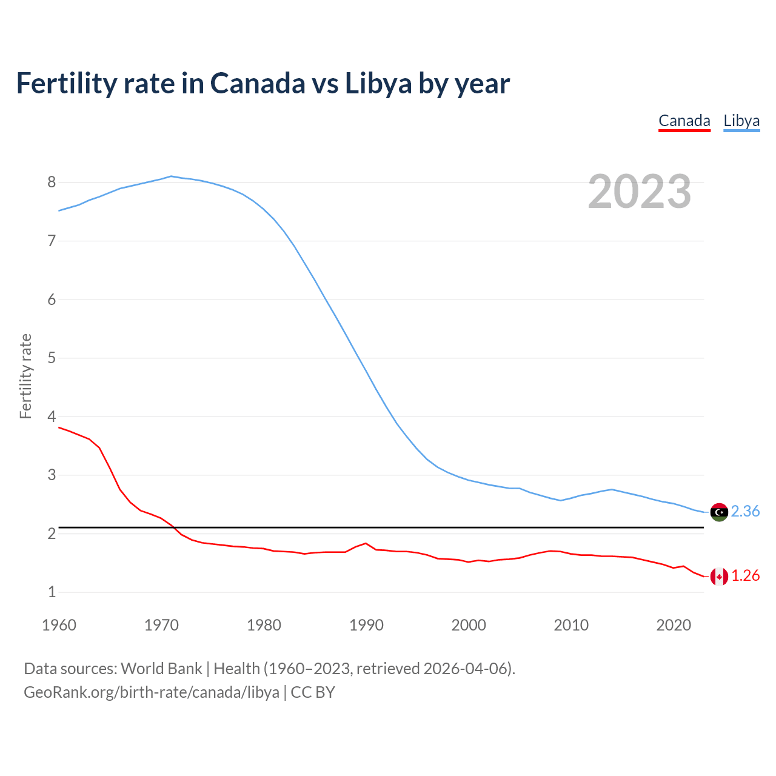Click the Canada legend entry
tap(684, 121)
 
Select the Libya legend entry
tap(741, 121)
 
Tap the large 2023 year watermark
tap(639, 192)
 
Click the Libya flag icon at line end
tap(719, 512)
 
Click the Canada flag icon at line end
tap(719, 577)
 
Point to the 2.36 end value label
tap(745, 512)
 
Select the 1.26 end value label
tap(745, 576)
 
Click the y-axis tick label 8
tap(52, 182)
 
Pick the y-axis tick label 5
tap(52, 358)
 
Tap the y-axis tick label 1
tap(52, 592)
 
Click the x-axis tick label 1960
tap(59, 625)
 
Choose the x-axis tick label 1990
tap(366, 625)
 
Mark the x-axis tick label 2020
tap(674, 625)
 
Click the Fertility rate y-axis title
tap(25, 376)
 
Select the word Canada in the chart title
tap(258, 84)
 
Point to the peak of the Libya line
tap(171, 176)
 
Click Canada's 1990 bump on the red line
tap(366, 543)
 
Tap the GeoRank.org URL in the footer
tap(152, 692)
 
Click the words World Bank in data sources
tap(161, 669)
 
